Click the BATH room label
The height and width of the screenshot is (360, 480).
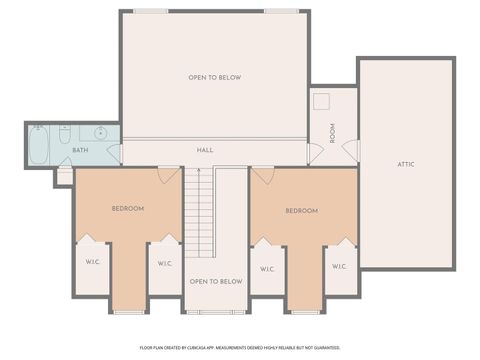pos(80,150)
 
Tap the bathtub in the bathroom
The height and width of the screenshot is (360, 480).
pos(38,145)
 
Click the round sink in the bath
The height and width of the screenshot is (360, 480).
pos(101,133)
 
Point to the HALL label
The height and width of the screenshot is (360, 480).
pos(205,150)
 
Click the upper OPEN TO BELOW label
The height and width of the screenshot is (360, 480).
pos(215,77)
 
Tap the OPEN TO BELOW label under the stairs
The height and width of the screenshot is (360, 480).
pos(215,282)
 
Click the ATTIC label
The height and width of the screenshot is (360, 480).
pos(405,164)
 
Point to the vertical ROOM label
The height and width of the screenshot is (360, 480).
pos(332,132)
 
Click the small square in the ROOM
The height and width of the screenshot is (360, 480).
pos(322,101)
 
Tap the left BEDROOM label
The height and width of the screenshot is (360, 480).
pos(127,208)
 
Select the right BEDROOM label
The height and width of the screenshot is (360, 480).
pos(301,210)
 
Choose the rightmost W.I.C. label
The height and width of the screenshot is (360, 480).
pos(339,266)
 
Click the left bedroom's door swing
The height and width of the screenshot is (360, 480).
pos(168,175)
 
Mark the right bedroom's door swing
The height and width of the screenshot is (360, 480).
pos(262,175)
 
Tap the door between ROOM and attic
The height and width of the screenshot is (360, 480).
pos(351,150)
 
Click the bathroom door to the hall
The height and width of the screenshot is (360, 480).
pos(114,153)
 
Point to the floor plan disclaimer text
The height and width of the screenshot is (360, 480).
pos(240,347)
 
